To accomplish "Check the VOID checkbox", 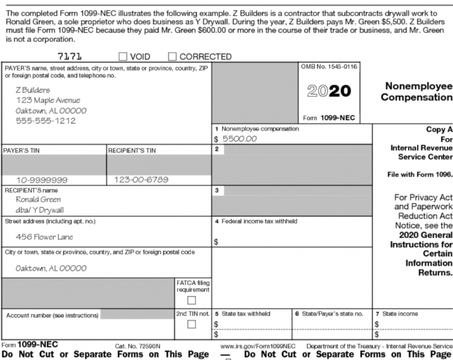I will pos(123,57).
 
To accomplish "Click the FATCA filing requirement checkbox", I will pos(192,300).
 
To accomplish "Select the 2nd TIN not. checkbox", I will pos(192,324).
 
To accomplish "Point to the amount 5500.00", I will pos(240,138).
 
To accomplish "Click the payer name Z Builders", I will pos(32,90).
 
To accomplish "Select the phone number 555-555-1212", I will pos(45,121).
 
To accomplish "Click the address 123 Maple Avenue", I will pos(48,100).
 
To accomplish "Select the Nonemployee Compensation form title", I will pos(417,92).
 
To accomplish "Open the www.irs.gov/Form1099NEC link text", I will pos(258,345).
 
